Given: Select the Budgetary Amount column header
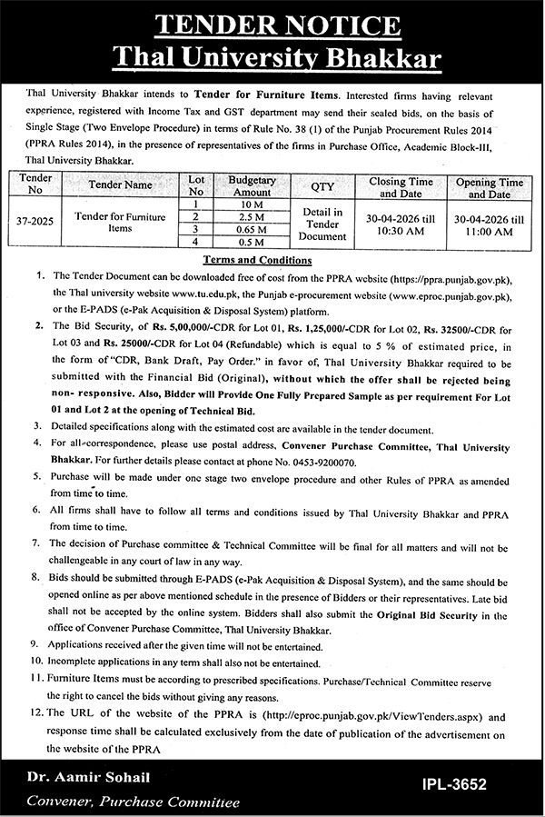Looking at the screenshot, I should point(252,187).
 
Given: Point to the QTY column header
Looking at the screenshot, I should point(322,187).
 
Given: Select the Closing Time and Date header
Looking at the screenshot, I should point(401,187).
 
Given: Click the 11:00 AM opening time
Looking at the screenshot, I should point(489,232).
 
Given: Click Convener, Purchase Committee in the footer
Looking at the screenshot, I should point(134,802).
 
